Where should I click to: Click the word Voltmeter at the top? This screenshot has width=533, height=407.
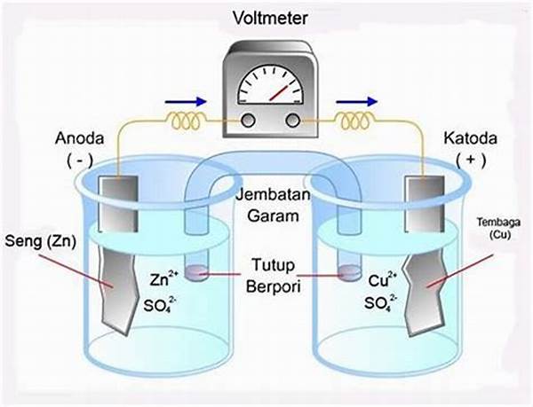tap(270, 18)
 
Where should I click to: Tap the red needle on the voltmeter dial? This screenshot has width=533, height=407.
tap(279, 92)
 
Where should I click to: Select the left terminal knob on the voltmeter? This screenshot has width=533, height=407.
tap(248, 120)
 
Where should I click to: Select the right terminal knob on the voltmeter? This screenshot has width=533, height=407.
tap(292, 120)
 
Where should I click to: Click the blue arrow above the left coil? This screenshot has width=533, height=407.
tap(186, 101)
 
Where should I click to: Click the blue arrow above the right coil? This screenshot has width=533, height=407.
tap(356, 101)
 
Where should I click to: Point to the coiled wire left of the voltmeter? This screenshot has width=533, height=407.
tap(187, 121)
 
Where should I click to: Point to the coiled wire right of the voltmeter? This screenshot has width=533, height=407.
tap(355, 121)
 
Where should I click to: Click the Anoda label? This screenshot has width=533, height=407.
tap(80, 138)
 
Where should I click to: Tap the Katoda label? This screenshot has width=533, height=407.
tap(470, 138)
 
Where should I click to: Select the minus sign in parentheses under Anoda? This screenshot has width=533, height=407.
tap(80, 160)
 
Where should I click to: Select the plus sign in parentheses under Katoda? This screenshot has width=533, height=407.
tap(471, 160)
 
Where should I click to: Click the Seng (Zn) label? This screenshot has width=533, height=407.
tap(41, 241)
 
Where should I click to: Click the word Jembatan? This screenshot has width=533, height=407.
tap(274, 195)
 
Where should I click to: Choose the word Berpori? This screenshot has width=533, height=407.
tap(274, 287)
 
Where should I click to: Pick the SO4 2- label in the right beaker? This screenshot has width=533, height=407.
tap(380, 302)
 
